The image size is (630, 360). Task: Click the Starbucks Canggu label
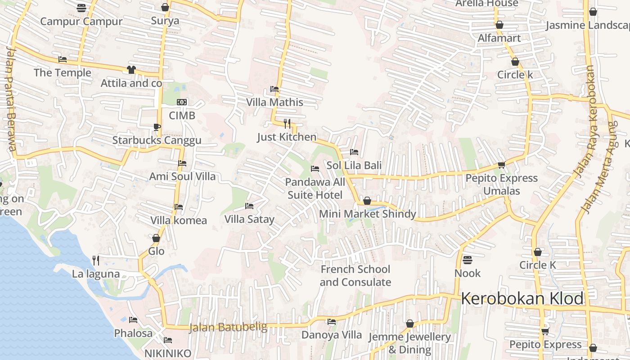coord(157,140)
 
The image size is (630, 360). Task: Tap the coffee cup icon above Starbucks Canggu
coord(157,127)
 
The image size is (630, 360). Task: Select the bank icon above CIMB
coord(182,103)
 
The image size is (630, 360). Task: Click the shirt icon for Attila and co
coord(131,70)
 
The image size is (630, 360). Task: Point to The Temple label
coord(62,72)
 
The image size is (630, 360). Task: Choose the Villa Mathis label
coord(274,102)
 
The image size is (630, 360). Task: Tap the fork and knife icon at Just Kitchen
coord(287,123)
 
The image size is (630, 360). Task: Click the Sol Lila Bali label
coord(354,165)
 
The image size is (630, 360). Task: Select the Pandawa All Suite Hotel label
coord(315,189)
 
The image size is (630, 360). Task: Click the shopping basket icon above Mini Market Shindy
coord(367,201)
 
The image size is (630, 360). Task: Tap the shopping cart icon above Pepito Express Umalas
coord(501,165)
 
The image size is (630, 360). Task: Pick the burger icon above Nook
coord(467,260)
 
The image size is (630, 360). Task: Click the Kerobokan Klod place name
coord(522,298)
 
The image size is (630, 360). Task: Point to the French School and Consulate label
coord(355,276)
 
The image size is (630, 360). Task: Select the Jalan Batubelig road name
coord(228,327)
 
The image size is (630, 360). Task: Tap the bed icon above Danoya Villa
coord(332,322)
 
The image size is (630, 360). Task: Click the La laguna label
coord(96,274)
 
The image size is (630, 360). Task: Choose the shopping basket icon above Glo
coord(156,238)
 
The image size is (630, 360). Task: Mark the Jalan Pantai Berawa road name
coord(11,99)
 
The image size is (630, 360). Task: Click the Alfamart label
coord(499,38)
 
